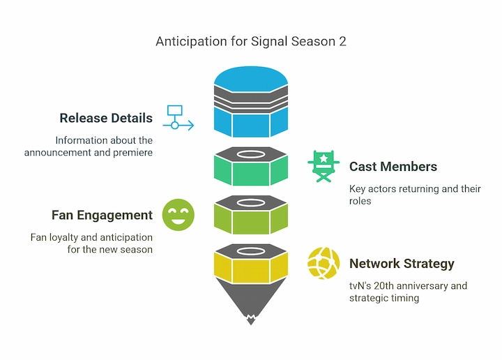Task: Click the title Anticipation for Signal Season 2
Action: [x=250, y=41]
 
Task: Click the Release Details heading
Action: [x=106, y=118]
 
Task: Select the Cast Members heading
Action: [x=393, y=167]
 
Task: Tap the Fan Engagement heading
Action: [x=102, y=215]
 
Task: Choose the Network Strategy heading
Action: [x=402, y=264]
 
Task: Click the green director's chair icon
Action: [x=324, y=166]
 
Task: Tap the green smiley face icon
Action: [x=178, y=214]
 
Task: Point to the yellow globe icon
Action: [x=324, y=263]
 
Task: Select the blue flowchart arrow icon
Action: [x=178, y=117]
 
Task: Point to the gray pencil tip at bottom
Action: [x=250, y=307]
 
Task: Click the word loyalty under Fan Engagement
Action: [x=69, y=237]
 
